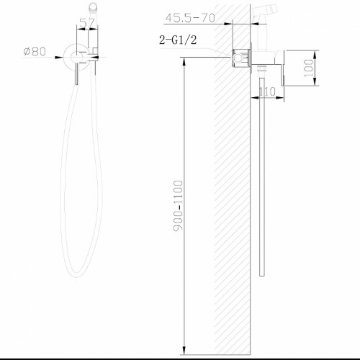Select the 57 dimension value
point(87,24)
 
